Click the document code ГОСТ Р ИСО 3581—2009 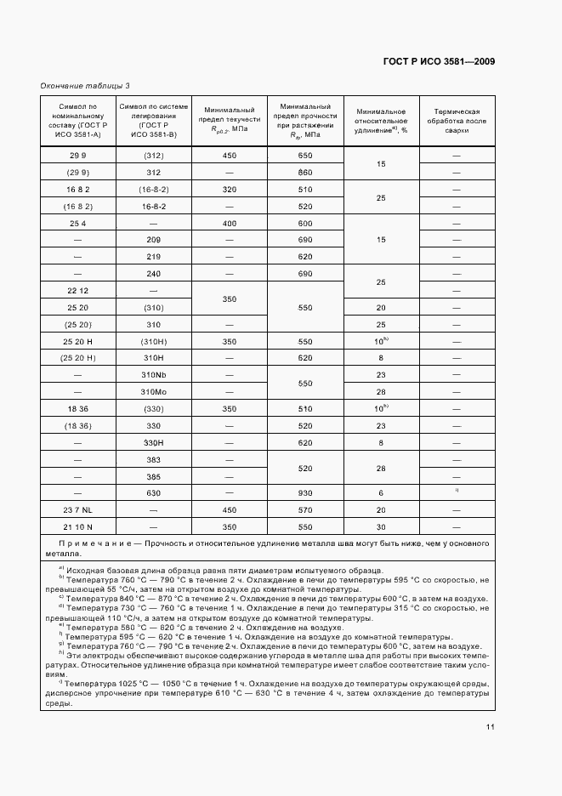440,61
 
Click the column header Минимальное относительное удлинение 382,121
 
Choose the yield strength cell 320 230,190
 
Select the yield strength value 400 230,224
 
